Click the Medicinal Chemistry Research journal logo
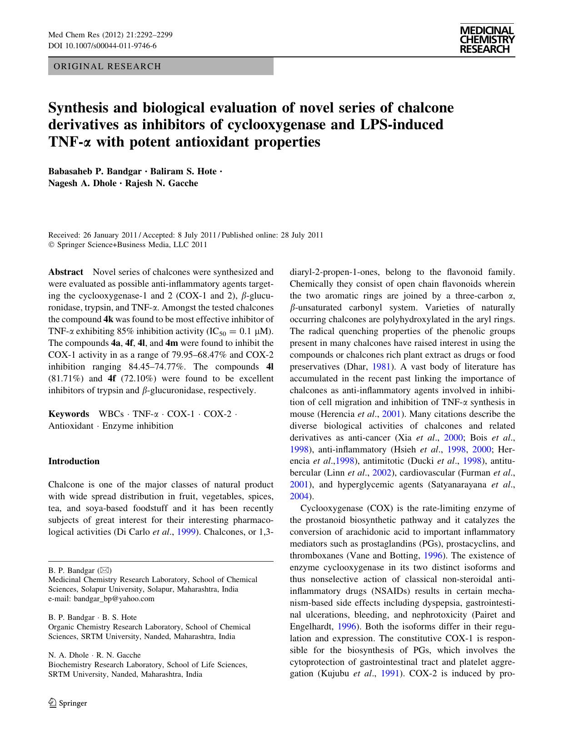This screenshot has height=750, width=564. coord(487,40)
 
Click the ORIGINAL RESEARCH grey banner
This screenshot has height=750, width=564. coord(160,66)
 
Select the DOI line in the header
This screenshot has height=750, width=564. coord(102,46)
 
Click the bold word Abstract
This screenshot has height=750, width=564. coord(66,272)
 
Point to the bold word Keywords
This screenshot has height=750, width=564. coord(69,414)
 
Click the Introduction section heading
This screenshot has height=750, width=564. coord(74,461)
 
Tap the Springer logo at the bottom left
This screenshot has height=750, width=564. coord(68,703)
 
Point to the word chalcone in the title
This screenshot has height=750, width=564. coord(426,108)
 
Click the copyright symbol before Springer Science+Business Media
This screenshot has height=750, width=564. coord(51,244)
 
